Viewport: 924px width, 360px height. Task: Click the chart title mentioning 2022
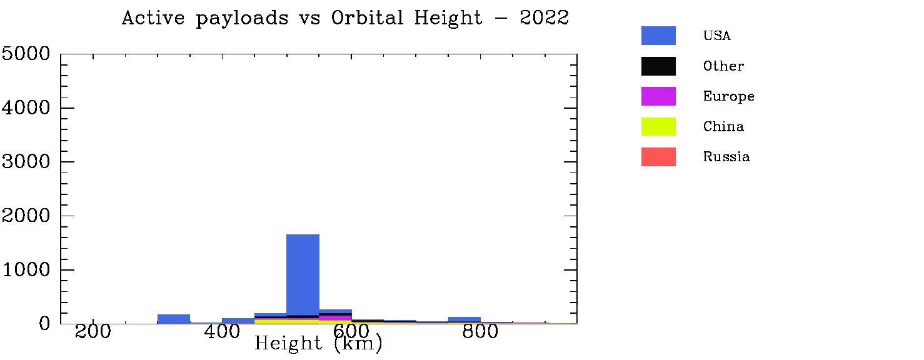[x=345, y=18]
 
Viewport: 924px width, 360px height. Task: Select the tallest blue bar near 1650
[x=303, y=275]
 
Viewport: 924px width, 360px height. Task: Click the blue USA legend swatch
[x=658, y=36]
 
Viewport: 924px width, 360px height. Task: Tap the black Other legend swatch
[x=658, y=66]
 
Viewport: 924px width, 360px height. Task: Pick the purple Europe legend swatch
[x=658, y=96]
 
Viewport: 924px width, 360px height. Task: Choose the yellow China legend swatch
[x=658, y=126]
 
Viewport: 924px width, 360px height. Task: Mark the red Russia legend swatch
[x=658, y=157]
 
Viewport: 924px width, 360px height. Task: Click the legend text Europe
[x=728, y=96]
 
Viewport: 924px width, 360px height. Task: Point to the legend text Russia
[x=726, y=157]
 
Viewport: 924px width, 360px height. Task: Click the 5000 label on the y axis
[x=26, y=54]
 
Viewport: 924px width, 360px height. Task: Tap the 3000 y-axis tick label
[x=26, y=162]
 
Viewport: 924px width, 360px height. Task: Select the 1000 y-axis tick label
[x=26, y=270]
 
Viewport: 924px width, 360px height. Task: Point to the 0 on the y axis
[x=43, y=324]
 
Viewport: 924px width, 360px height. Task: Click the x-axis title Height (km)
[x=318, y=344]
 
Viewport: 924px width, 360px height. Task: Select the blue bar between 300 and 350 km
[x=174, y=319]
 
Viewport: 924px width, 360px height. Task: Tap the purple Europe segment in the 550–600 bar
[x=336, y=318]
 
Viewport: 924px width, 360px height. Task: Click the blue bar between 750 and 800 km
[x=465, y=320]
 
